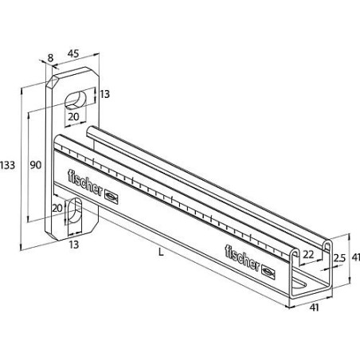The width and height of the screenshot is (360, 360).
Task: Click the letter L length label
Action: click(x=161, y=252)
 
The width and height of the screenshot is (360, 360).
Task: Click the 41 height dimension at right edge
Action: click(x=354, y=256)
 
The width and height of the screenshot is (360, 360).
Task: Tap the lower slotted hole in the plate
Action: click(x=77, y=215)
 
